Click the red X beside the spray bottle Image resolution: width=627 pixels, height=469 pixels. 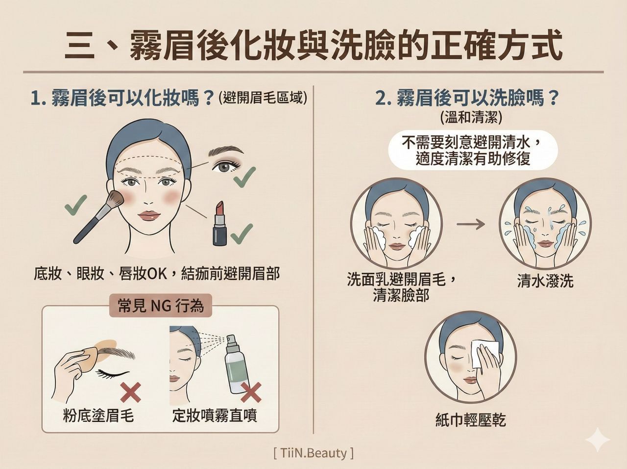(250, 392)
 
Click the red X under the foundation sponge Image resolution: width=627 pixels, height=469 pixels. (131, 392)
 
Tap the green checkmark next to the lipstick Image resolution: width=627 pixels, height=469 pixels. (242, 234)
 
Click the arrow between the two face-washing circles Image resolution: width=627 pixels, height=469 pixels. (470, 224)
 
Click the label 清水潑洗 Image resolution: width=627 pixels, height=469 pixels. (545, 281)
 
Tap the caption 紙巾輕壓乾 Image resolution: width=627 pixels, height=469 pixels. (470, 420)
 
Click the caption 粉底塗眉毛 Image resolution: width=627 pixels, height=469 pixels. (98, 416)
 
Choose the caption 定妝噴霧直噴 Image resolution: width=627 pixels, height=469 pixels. (215, 416)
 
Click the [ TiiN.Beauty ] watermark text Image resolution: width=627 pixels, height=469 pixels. (313, 452)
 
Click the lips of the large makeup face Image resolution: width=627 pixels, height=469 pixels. (150, 216)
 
